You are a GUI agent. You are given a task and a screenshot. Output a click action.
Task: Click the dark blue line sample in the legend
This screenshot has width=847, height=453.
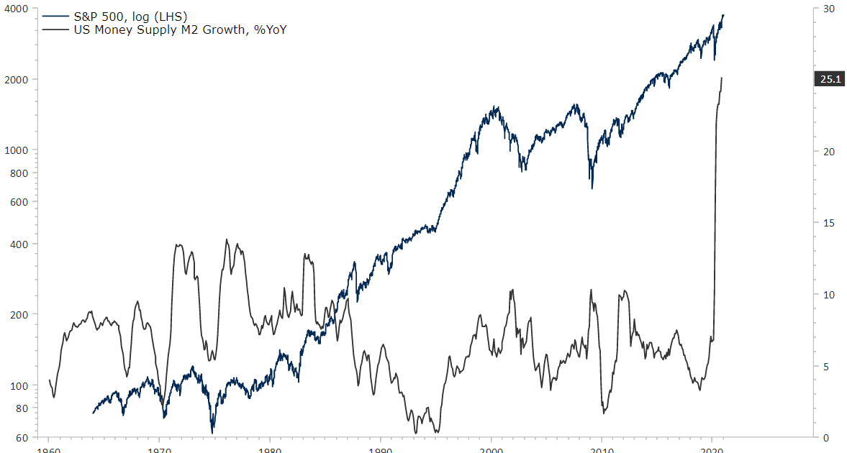(56, 15)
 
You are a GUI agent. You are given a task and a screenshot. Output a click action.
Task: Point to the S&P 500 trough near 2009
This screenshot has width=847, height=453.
(592, 188)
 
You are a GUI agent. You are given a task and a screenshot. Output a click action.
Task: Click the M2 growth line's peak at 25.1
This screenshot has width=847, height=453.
(722, 78)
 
